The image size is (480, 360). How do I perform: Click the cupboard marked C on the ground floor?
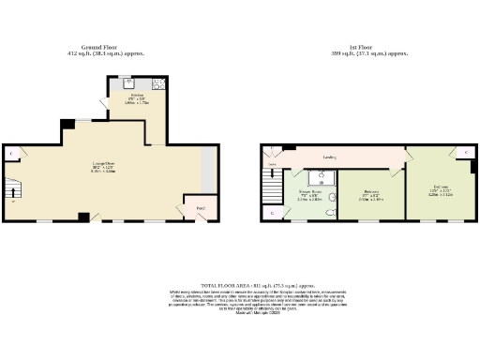click(11, 152)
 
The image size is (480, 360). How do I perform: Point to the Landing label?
click(330, 157)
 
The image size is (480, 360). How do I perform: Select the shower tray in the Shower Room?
click(317, 179)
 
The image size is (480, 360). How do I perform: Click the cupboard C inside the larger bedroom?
click(466, 152)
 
